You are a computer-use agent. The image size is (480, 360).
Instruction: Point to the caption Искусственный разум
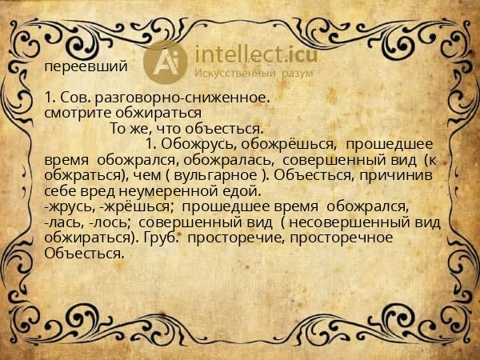click(x=254, y=73)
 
